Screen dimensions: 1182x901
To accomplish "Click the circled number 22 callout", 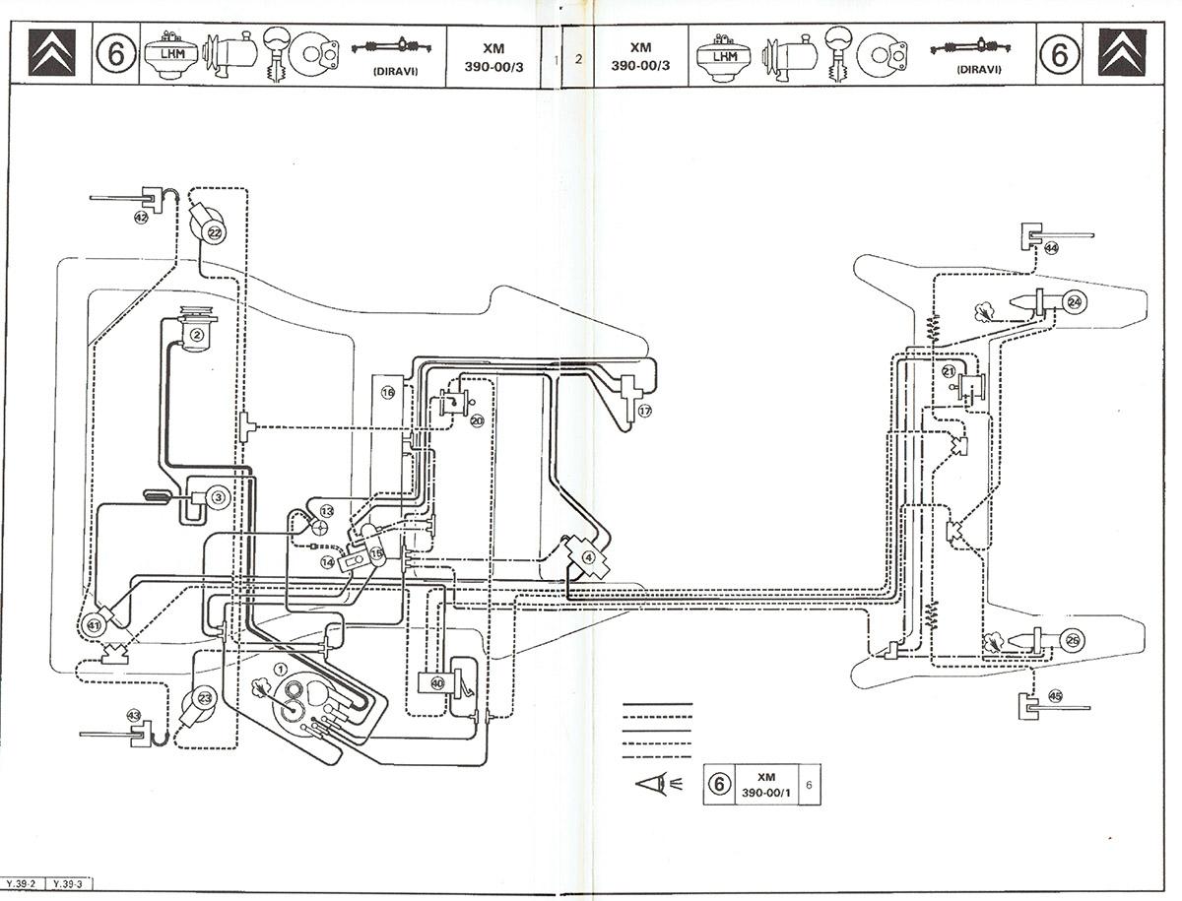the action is [215, 232].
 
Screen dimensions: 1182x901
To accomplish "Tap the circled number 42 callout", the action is [141, 218].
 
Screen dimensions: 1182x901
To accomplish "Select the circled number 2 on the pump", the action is [197, 335].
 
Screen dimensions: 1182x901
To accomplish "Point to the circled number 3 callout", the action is [218, 497].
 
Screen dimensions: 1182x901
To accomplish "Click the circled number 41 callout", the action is [94, 625].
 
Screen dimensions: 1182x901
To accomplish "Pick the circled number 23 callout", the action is [205, 698].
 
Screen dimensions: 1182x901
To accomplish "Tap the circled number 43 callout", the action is [134, 715].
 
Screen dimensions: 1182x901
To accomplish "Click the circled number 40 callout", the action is [437, 683].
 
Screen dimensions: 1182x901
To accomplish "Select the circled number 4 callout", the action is [589, 557].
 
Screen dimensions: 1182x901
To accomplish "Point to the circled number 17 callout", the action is [644, 412].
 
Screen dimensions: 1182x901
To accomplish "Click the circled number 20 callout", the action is [477, 420].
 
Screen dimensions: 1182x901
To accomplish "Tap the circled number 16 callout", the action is [388, 392].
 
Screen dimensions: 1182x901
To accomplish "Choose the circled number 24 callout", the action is [1075, 302].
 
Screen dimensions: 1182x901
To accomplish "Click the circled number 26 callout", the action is [1074, 640].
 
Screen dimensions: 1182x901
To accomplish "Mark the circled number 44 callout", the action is [1051, 248].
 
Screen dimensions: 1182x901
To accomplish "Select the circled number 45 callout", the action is [1055, 696].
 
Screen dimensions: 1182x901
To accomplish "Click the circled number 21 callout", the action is [949, 371].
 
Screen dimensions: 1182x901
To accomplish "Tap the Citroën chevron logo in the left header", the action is [51, 53].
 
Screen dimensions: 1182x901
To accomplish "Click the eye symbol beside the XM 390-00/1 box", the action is [659, 783].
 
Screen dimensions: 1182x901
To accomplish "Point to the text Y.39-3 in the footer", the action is [68, 884].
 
